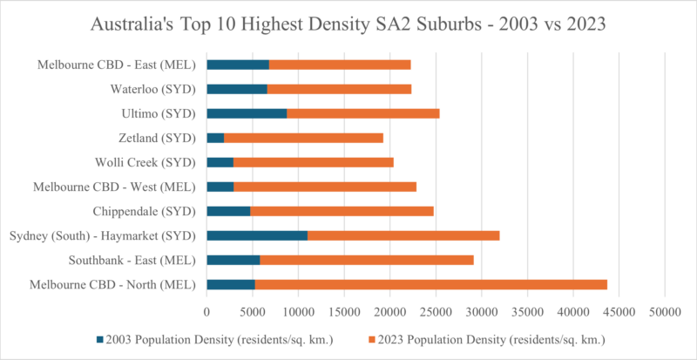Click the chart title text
(x=348, y=25)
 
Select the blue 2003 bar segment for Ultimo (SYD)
(x=247, y=113)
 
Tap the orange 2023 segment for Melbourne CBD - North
(x=430, y=284)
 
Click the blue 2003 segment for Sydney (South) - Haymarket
(x=257, y=235)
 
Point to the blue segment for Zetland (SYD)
(x=215, y=138)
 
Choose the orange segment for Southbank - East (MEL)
(x=367, y=260)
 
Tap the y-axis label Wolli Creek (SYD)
(x=146, y=162)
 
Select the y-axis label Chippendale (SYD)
(x=145, y=211)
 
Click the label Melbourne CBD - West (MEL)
(x=116, y=187)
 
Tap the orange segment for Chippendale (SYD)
(x=342, y=211)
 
